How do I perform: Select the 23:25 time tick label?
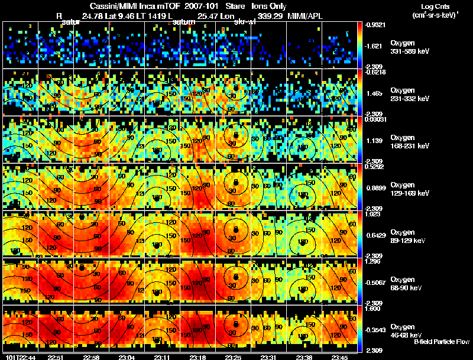pos(232,357)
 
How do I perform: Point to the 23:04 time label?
pos(128,357)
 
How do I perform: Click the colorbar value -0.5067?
pos(377,283)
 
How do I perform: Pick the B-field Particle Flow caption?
pos(442,341)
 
